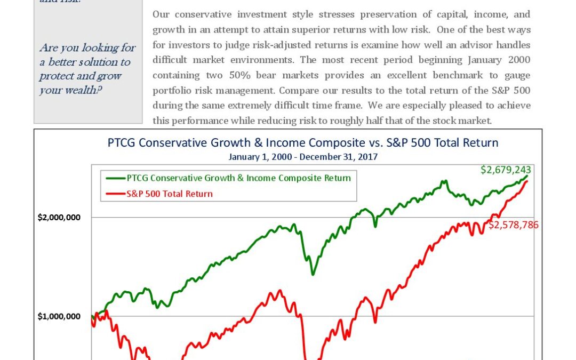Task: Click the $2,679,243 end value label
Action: tap(506, 170)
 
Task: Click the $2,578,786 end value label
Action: tap(514, 225)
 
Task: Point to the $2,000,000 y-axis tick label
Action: tap(59, 217)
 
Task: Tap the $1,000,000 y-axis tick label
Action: tap(59, 316)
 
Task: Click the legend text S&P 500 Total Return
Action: tap(170, 194)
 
